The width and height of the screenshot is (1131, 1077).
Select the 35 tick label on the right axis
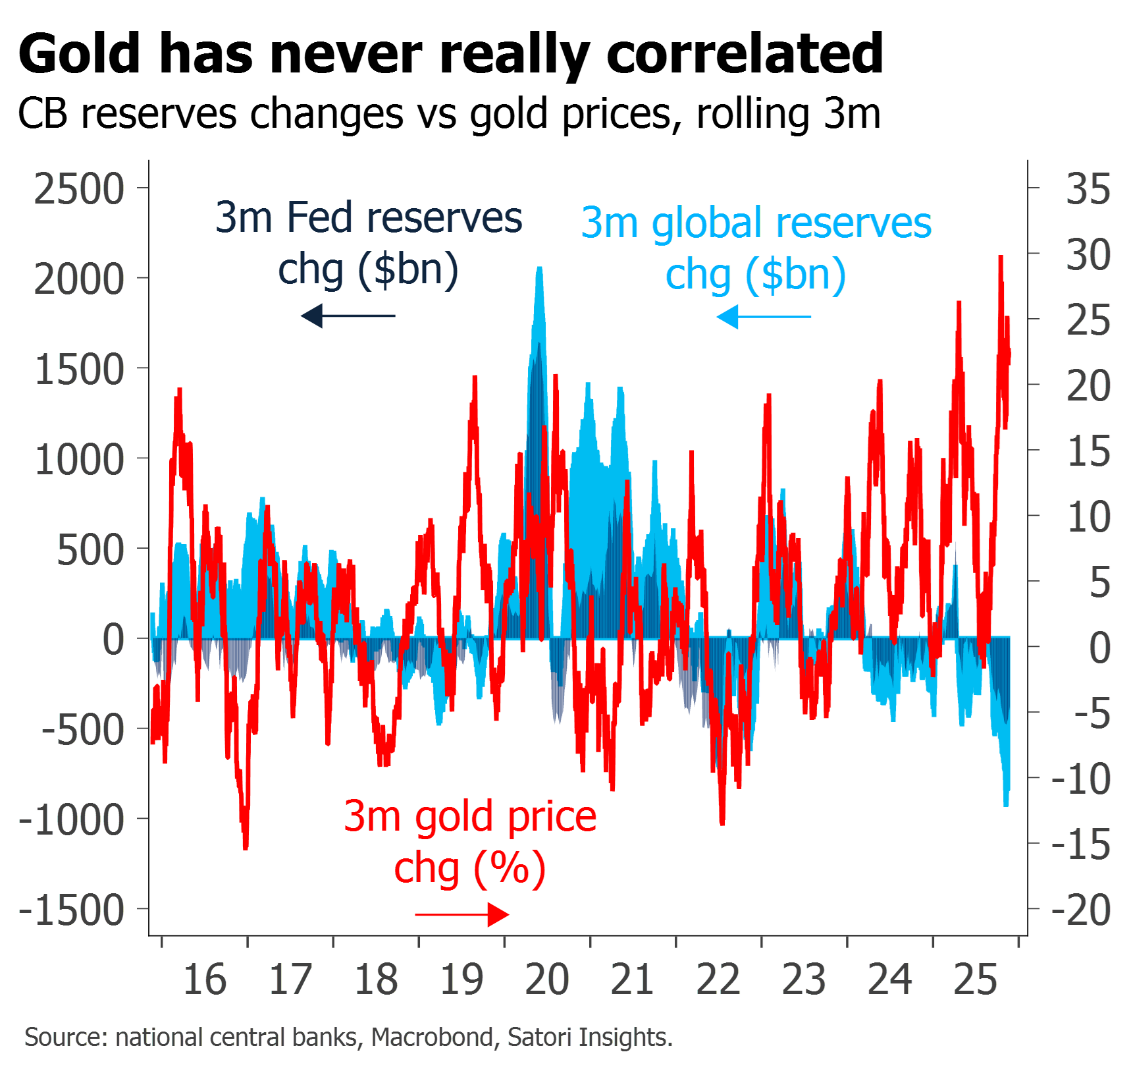pyautogui.click(x=1088, y=190)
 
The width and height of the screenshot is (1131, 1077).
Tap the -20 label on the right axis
pyautogui.click(x=1082, y=910)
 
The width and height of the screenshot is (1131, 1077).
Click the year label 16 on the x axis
pyautogui.click(x=205, y=980)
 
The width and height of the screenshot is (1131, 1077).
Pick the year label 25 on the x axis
pyautogui.click(x=976, y=980)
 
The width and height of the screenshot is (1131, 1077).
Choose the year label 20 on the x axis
pyautogui.click(x=547, y=980)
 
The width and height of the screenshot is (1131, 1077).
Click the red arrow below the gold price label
pyautogui.click(x=462, y=914)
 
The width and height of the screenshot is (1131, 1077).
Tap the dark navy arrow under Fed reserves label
pyautogui.click(x=348, y=316)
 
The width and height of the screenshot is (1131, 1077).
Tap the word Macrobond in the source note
pyautogui.click(x=432, y=1037)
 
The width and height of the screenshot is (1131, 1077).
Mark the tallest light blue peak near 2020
pyautogui.click(x=540, y=269)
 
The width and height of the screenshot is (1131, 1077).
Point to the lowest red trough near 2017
pyautogui.click(x=246, y=847)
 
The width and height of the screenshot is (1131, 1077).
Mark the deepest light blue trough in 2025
pyautogui.click(x=1006, y=804)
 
